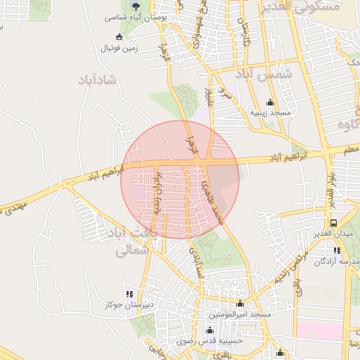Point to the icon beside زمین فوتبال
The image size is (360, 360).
[x=119, y=36]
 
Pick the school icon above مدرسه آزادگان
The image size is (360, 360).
[x=337, y=250]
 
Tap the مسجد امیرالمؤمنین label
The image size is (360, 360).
[x=240, y=314]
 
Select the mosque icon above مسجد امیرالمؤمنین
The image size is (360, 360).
[x=240, y=304]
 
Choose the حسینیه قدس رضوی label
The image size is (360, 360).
[x=207, y=341]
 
